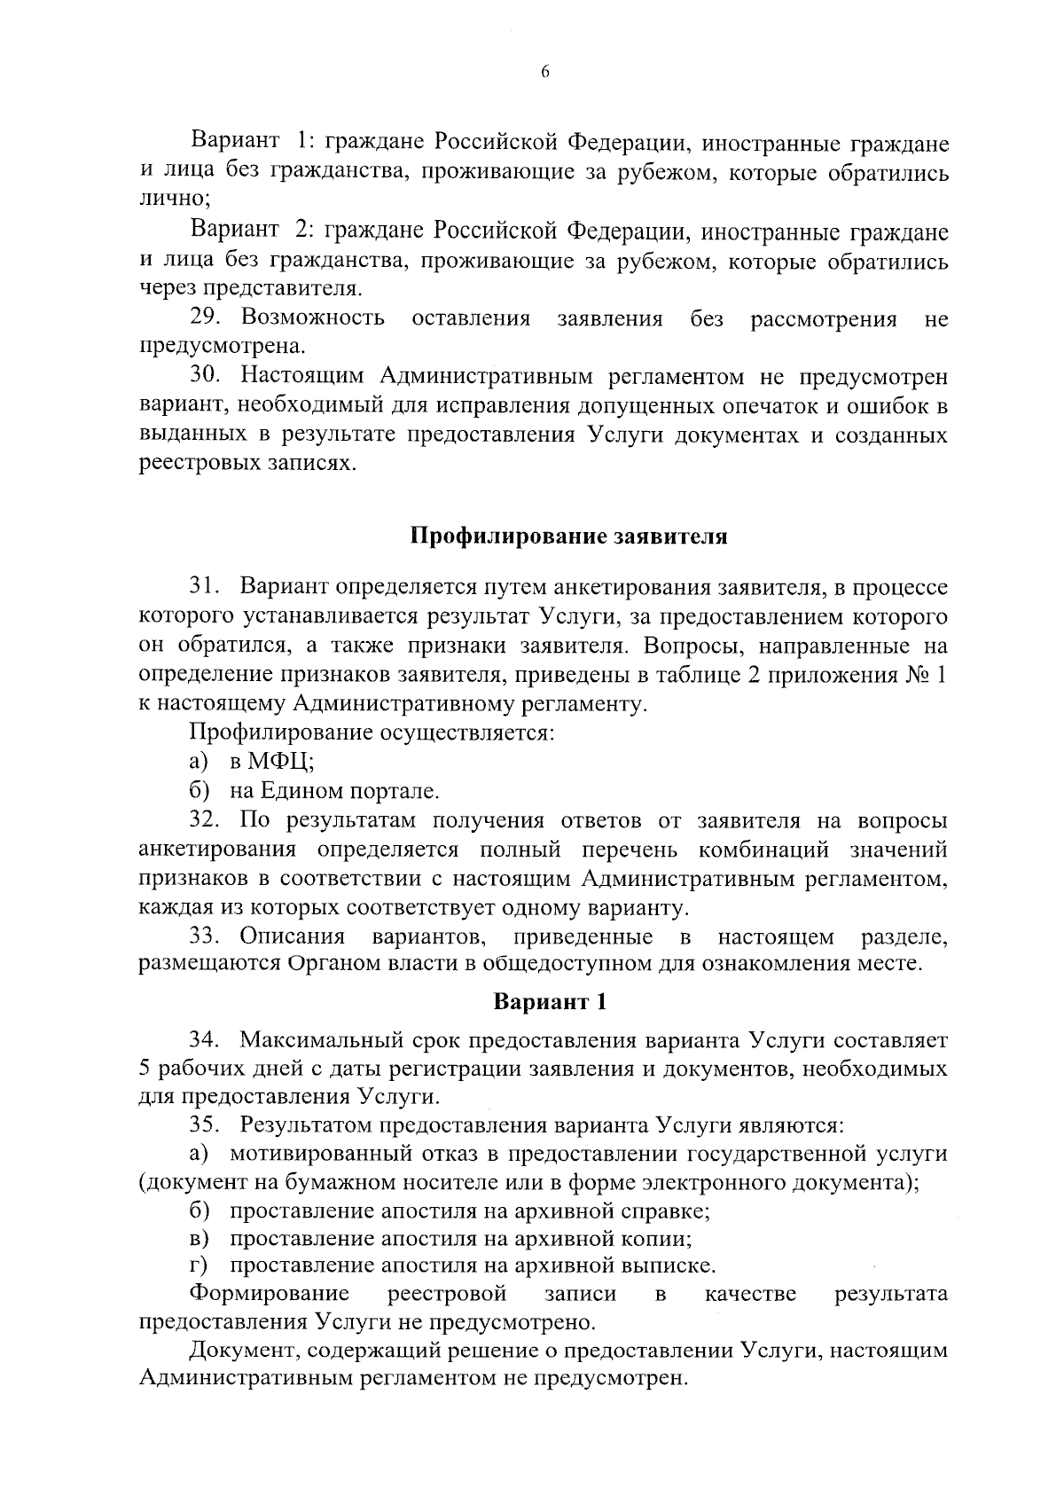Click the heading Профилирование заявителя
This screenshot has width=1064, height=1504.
tap(568, 537)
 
